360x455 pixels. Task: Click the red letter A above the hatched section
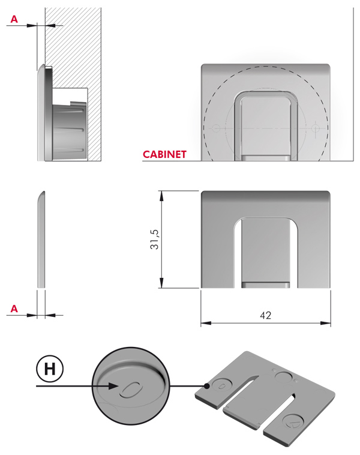tap(14, 20)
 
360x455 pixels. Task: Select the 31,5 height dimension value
tap(155, 239)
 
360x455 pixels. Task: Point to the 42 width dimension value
tap(266, 315)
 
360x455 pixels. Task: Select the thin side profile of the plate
tap(40, 240)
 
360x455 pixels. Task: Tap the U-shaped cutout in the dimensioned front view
tap(266, 252)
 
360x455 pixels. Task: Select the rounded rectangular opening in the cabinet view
tap(266, 123)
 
